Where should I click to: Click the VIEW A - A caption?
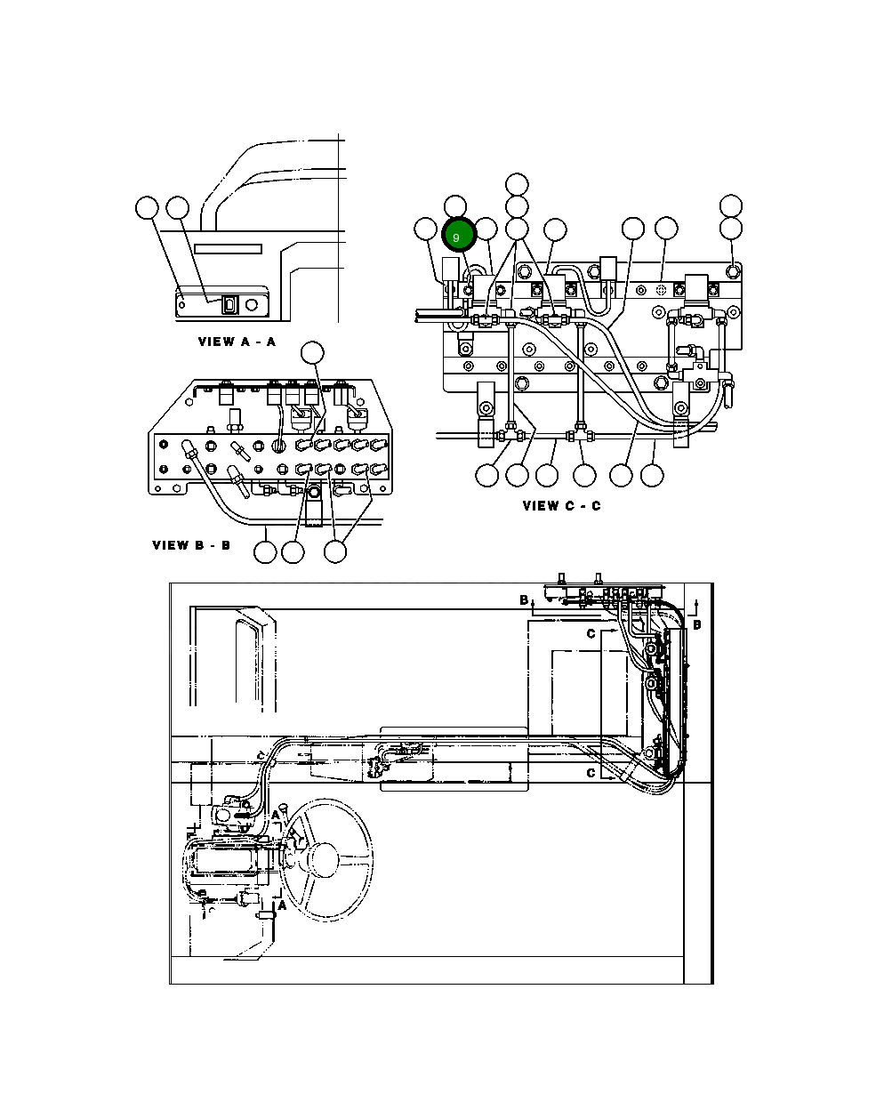click(x=237, y=342)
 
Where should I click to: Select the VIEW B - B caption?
click(x=191, y=545)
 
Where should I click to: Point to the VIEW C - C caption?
click(x=561, y=506)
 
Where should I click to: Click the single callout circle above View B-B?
click(x=311, y=353)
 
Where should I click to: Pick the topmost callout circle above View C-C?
click(x=517, y=184)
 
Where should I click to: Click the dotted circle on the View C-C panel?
click(x=661, y=290)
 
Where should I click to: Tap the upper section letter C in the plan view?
click(x=591, y=633)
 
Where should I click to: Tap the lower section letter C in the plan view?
click(x=591, y=773)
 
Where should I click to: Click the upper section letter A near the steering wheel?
click(x=277, y=815)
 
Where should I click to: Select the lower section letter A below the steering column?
click(x=283, y=905)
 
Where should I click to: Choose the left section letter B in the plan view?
click(x=524, y=600)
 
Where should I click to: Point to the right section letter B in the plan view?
click(x=697, y=624)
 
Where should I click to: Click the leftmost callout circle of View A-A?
click(x=147, y=208)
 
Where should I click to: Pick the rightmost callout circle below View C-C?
click(x=652, y=475)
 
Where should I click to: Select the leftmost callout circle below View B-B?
click(x=265, y=551)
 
